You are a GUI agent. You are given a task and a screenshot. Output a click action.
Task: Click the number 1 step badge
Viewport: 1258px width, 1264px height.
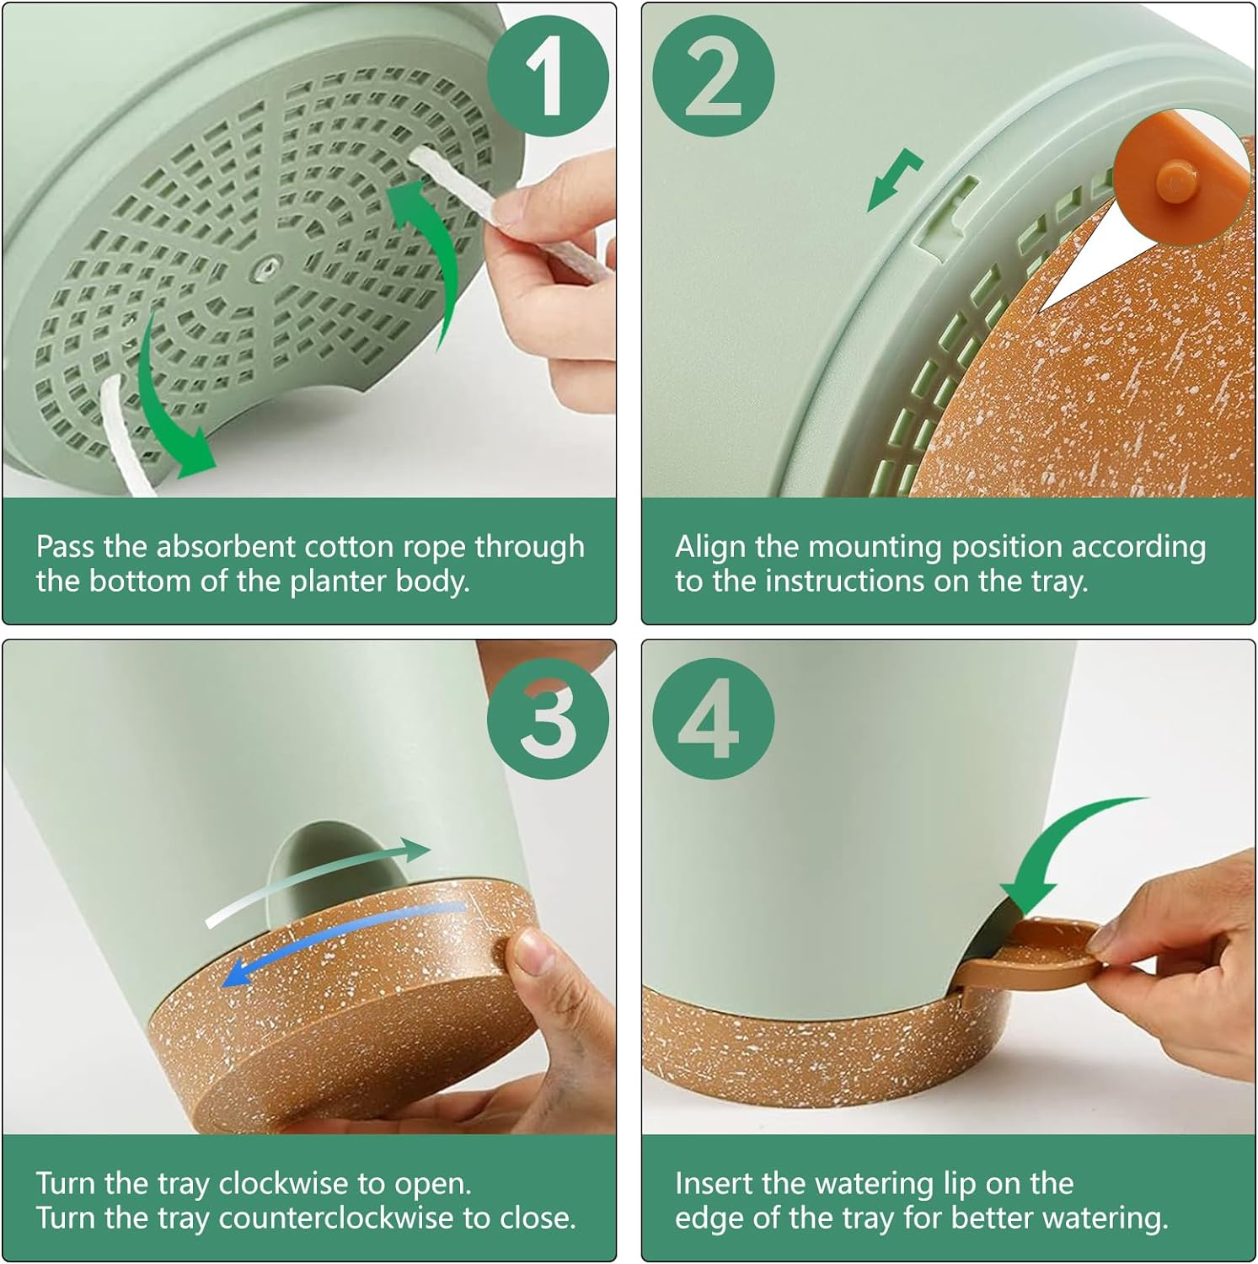(548, 78)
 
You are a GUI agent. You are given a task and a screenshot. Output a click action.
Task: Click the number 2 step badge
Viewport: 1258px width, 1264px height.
(714, 78)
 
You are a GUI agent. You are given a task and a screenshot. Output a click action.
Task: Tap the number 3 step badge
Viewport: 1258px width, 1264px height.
(548, 718)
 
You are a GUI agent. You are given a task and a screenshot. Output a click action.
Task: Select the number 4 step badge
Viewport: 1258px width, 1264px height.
(714, 718)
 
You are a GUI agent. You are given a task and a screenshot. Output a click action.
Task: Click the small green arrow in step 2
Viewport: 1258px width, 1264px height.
(895, 179)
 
